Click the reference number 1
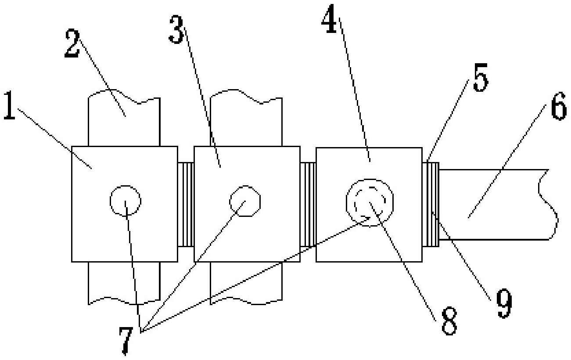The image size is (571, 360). (9, 105)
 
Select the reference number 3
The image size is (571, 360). (176, 29)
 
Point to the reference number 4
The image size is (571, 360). (329, 19)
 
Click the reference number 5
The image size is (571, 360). (481, 77)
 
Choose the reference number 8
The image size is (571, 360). (449, 321)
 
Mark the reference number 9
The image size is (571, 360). (504, 304)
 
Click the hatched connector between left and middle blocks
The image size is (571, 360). (186, 205)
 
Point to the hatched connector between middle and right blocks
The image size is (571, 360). (308, 205)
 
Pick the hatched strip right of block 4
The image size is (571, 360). (431, 205)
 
